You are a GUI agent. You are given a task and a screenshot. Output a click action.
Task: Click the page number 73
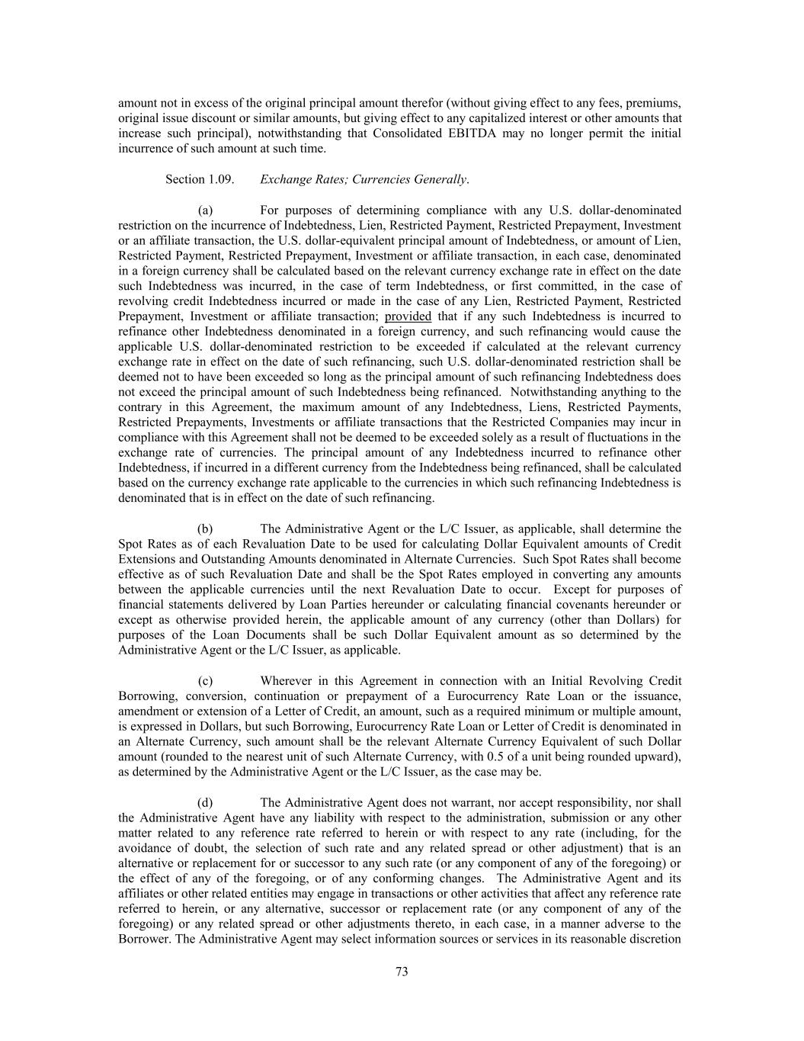402,971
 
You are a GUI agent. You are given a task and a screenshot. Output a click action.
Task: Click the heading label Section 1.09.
199,179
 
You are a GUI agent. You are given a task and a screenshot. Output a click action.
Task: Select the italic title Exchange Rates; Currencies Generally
364,179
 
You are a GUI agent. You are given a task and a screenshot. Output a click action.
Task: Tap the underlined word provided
408,316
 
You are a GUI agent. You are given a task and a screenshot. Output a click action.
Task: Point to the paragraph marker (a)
205,210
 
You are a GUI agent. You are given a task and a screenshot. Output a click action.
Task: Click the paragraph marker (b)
205,529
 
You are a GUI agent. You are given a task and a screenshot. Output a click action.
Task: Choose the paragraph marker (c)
205,681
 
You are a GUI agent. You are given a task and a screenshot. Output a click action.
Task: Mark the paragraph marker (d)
205,802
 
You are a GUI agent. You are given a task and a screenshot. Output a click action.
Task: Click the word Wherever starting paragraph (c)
286,681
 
